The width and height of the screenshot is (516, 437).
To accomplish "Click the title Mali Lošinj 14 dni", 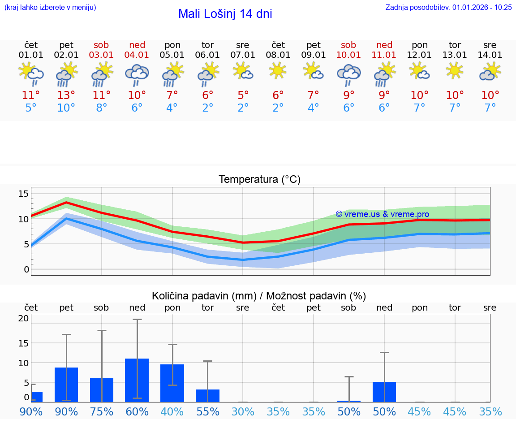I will coord(225,14).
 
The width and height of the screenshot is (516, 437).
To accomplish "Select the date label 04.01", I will coord(137,55).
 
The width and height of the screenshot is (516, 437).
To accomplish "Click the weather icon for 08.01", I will coord(278,71).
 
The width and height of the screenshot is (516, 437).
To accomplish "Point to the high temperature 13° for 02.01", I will coord(66,95).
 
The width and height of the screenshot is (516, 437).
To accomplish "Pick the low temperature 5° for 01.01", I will coord(31,108).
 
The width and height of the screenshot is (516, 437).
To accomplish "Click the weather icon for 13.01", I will coord(455,71).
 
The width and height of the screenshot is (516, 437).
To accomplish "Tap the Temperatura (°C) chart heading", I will coord(259,180).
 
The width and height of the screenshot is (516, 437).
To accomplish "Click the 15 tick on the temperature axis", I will coord(23,194).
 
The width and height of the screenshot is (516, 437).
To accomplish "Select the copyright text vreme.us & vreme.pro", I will coord(382,214).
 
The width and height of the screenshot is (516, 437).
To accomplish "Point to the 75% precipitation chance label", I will coord(102,412).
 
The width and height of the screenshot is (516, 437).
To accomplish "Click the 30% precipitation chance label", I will coord(243,412).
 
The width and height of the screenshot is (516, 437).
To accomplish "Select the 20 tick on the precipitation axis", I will coord(23,319).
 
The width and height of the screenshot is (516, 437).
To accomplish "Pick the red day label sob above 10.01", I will coord(348,45).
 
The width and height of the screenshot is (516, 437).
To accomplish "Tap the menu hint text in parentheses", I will coord(50,8).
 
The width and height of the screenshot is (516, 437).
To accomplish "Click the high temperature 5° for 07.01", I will coord(243,95).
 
